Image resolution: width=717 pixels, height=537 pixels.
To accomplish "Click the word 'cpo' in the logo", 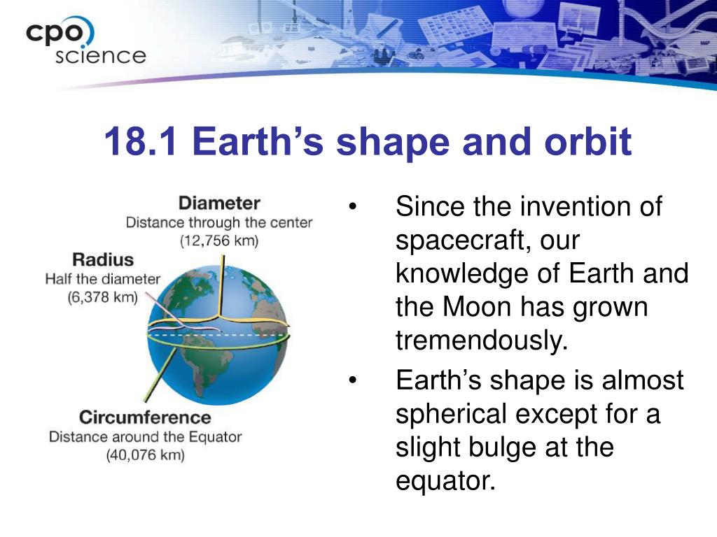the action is (x=54, y=34).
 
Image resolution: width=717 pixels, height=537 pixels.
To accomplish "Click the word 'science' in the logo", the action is (x=101, y=56).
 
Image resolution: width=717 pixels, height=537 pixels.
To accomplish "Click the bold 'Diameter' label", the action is (x=219, y=203).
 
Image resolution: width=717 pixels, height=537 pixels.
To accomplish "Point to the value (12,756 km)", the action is (x=219, y=241).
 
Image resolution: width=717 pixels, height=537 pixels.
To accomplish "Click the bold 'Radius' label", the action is (x=103, y=260).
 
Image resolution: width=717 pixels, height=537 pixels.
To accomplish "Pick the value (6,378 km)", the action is (x=102, y=297).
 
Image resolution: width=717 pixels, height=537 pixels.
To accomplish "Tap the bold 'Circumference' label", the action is (x=145, y=417).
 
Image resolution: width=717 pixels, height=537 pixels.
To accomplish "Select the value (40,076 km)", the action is (x=146, y=455).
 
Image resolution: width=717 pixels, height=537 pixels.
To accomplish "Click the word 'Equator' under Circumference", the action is (x=215, y=437).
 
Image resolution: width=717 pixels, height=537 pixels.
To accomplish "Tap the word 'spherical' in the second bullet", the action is (x=450, y=414).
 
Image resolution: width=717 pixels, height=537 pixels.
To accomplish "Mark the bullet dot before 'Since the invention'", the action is (x=352, y=206).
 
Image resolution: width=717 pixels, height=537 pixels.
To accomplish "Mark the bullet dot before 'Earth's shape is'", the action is (x=352, y=380).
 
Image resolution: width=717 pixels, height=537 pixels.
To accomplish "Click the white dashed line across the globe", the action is (x=218, y=335).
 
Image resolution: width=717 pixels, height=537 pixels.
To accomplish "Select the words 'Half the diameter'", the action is (x=102, y=279).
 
